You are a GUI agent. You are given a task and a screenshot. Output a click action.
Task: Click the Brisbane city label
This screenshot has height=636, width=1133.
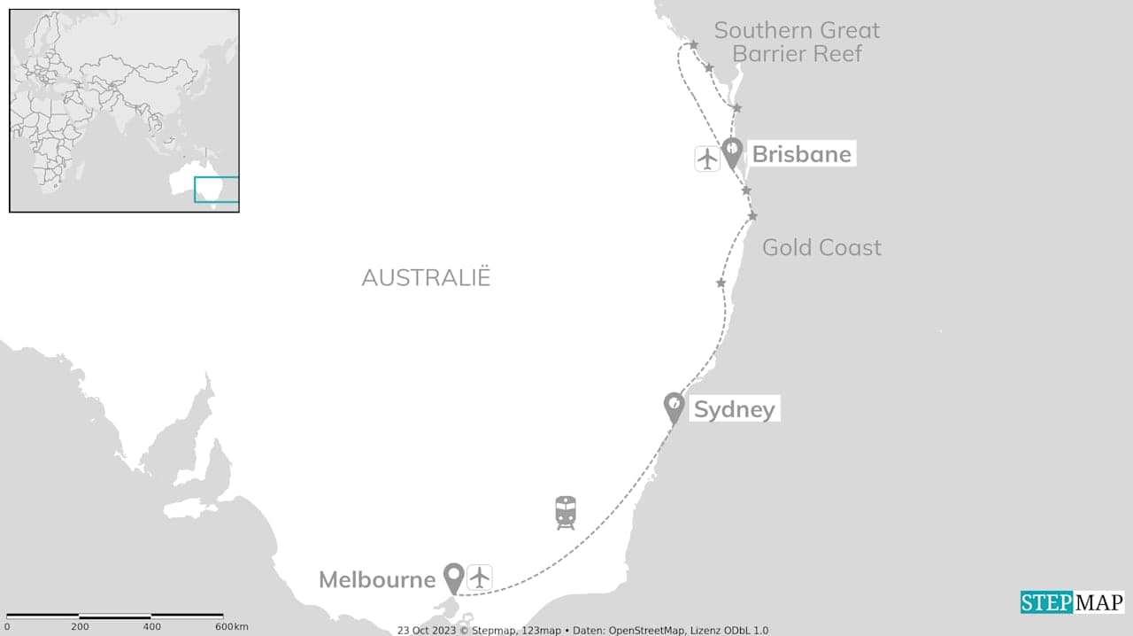coord(801,154)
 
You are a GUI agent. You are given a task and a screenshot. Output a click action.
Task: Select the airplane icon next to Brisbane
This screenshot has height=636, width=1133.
coord(707,159)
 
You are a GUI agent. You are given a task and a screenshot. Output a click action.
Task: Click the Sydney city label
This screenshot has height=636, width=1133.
coord(734,409)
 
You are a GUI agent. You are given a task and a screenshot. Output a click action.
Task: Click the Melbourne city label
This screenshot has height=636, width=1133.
coord(377,579)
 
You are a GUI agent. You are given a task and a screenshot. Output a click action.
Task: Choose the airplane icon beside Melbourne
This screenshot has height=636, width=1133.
coord(480,578)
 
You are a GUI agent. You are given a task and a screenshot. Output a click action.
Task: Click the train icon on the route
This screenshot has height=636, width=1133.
coord(566,512)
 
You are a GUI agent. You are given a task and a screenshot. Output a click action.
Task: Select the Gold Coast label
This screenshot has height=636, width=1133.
coord(821,247)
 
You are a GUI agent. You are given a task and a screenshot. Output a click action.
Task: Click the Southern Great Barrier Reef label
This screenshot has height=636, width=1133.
coord(797,42)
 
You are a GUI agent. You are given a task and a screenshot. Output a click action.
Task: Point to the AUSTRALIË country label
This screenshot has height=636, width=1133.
coord(426,277)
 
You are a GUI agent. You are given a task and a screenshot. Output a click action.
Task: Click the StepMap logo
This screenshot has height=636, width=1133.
coord(1072,602)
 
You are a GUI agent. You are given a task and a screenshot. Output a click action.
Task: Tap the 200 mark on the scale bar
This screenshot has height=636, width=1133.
coord(80,626)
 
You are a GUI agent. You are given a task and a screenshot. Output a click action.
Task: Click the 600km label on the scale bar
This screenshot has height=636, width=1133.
coord(231,626)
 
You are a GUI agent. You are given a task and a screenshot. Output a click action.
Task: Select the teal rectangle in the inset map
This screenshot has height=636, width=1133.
coord(217,190)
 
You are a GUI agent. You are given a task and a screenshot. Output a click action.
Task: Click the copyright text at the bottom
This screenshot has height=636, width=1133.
coord(582,630)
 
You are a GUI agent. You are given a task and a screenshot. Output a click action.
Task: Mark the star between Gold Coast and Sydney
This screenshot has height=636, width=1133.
coord(721,283)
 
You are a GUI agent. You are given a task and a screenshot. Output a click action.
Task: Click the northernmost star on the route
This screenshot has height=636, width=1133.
coord(693,44)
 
